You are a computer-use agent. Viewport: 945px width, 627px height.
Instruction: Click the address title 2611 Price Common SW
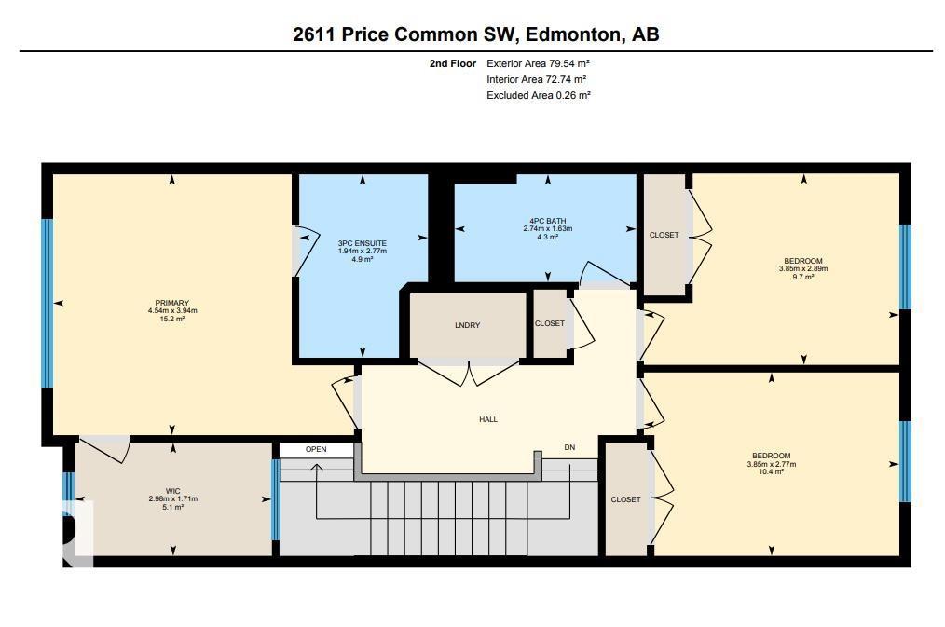point(476,34)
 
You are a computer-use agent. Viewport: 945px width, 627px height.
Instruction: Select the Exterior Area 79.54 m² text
point(538,63)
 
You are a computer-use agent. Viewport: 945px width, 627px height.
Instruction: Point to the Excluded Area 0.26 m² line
point(538,95)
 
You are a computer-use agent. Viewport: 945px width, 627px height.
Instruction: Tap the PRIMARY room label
point(172,303)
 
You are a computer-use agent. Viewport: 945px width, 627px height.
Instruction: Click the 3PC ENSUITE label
point(362,243)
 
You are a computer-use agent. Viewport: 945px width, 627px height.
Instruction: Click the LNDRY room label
point(467,324)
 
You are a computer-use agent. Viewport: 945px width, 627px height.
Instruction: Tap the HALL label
point(488,419)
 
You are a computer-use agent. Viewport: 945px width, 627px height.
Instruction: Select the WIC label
point(172,491)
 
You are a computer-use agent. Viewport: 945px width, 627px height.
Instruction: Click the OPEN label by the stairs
point(316,449)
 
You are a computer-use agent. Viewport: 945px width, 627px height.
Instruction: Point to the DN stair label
point(569,448)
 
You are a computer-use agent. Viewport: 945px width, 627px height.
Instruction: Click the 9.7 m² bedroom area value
point(802,277)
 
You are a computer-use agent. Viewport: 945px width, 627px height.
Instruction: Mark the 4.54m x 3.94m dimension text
point(172,310)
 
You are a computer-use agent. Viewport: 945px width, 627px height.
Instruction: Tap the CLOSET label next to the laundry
point(549,323)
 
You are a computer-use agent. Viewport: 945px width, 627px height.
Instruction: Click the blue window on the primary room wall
point(47,303)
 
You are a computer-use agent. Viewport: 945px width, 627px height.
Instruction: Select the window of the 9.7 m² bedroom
point(903,266)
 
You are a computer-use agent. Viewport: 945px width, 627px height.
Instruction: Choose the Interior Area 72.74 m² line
point(536,79)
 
